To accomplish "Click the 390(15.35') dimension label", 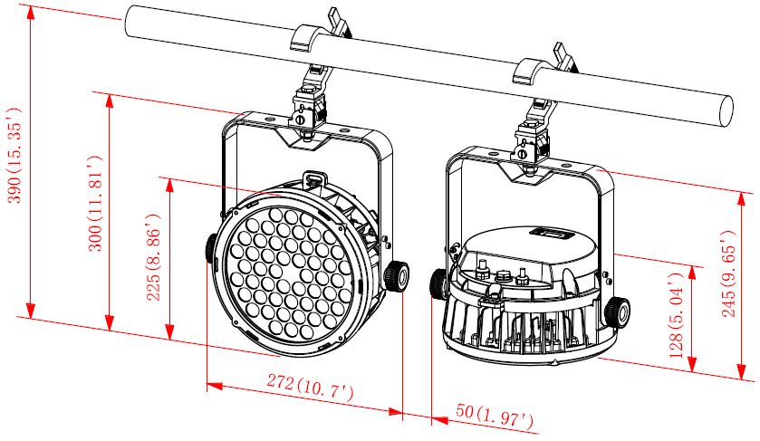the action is [14, 155].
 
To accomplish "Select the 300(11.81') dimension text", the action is [94, 204].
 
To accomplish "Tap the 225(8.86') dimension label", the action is [154, 257].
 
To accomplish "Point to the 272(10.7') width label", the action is [310, 387].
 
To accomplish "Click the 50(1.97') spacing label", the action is [495, 416].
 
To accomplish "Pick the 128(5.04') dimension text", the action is [676, 315].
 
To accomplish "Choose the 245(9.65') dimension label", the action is [729, 273].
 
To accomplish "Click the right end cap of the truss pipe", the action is [726, 111].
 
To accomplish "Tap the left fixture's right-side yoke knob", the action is [397, 276].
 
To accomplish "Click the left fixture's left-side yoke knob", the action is [211, 247].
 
